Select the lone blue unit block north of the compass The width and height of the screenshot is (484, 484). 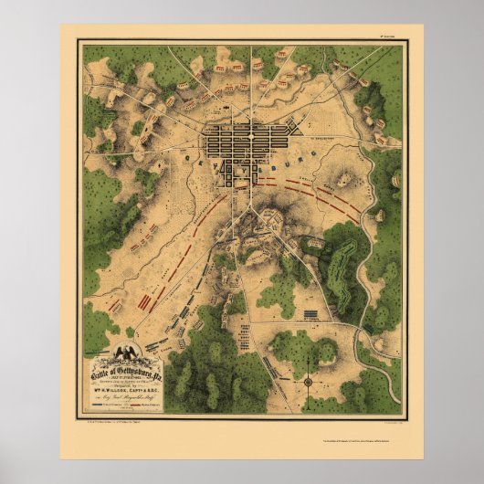(313, 314)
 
